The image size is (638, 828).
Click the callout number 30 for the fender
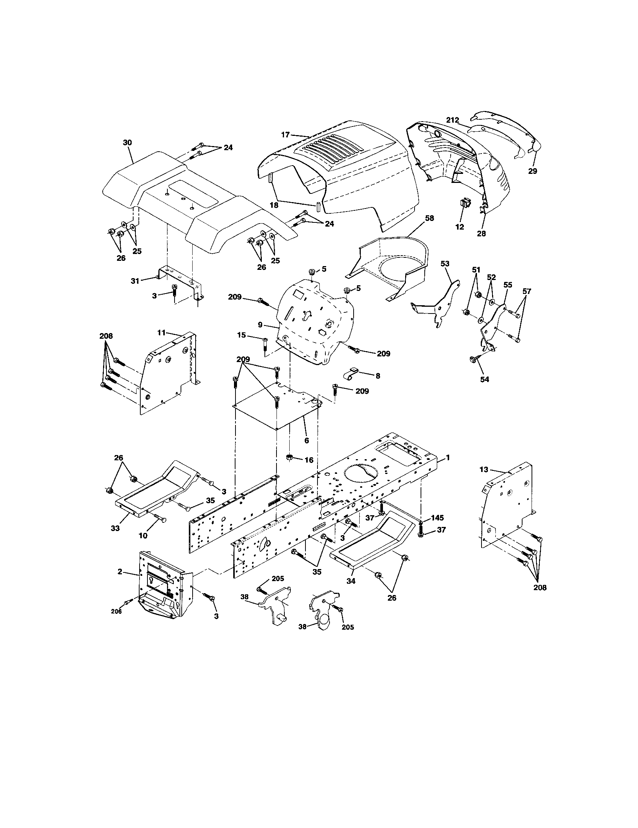pyautogui.click(x=127, y=143)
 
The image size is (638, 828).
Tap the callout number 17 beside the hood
pyautogui.click(x=285, y=134)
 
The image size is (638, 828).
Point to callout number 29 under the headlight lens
pyautogui.click(x=532, y=171)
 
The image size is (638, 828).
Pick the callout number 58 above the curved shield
pyautogui.click(x=429, y=218)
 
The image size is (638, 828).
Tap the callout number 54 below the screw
pyautogui.click(x=485, y=379)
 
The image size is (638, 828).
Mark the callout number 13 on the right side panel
pyautogui.click(x=484, y=470)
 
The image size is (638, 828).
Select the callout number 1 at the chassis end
pyautogui.click(x=448, y=458)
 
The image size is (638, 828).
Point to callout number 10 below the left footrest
pyautogui.click(x=143, y=536)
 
